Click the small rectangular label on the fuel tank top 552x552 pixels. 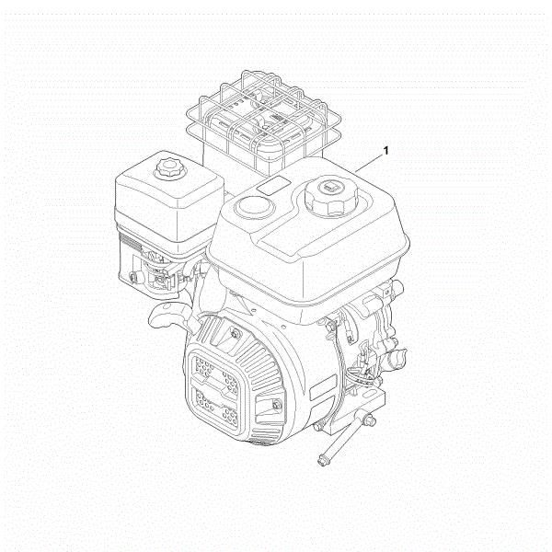(274, 187)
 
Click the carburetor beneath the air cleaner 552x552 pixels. (161, 271)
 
